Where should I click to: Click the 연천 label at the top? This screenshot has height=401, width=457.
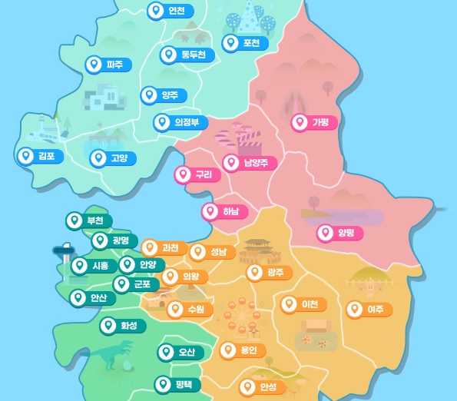(171, 11)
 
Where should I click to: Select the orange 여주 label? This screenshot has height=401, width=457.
(368, 310)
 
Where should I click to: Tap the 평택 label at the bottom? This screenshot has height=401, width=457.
(177, 384)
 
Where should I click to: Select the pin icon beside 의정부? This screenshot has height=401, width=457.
(161, 122)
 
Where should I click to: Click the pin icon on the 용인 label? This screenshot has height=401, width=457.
(228, 351)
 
